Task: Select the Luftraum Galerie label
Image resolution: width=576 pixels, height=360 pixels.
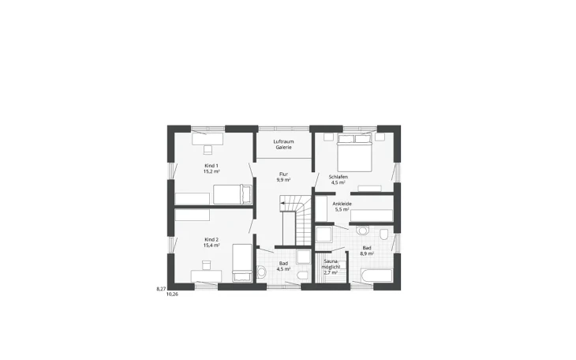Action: [283, 144]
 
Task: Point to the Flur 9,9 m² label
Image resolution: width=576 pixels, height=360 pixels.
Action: [283, 177]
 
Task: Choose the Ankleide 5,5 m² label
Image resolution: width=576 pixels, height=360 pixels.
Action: [342, 207]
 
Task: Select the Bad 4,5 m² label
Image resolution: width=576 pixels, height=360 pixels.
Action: [283, 265]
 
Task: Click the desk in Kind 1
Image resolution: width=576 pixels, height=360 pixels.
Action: [208, 138]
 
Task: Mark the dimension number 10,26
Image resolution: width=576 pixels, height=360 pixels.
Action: [172, 294]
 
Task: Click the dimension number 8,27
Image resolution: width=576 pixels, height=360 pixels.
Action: [161, 289]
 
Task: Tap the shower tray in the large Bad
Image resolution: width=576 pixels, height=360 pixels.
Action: [324, 234]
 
